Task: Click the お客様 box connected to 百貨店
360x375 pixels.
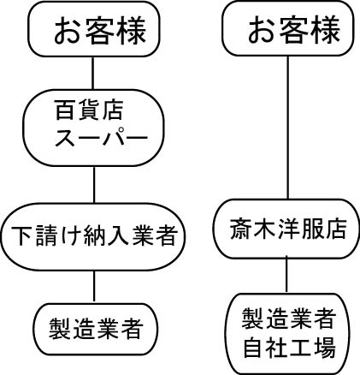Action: (94, 29)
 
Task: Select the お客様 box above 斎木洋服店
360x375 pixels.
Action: (288, 28)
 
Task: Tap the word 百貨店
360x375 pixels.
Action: (89, 110)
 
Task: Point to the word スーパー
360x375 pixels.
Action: (101, 138)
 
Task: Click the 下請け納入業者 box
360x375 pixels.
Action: (93, 236)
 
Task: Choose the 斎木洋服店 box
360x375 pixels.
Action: (286, 229)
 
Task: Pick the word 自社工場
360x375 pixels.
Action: (289, 347)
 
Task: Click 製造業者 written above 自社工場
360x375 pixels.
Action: (288, 318)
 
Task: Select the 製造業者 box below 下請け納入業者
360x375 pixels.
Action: (96, 329)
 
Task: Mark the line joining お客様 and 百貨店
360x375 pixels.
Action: (93, 73)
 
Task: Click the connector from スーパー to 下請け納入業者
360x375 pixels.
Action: (94, 185)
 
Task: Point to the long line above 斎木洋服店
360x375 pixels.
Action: (287, 128)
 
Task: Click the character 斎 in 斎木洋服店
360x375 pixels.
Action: (240, 229)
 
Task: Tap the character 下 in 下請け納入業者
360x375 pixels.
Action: (21, 236)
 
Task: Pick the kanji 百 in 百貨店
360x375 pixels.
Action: (66, 110)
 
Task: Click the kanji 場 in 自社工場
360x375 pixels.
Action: (324, 347)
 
